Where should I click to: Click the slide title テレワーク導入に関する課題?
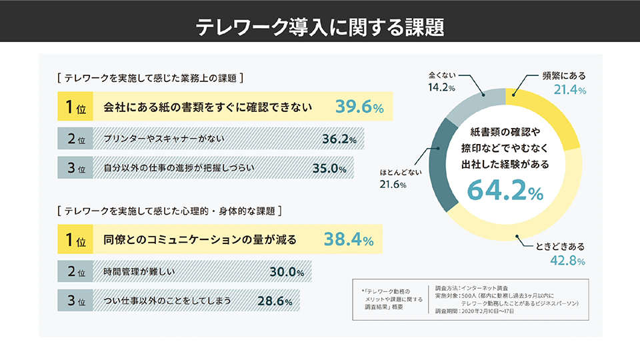point(320,27)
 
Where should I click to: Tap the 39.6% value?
point(359,107)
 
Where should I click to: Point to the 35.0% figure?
point(329,169)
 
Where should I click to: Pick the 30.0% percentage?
point(287,271)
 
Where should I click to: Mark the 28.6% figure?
point(275,301)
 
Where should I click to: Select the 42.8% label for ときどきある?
point(567,261)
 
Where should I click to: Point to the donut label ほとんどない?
point(401,171)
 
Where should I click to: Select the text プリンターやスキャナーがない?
point(163,139)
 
